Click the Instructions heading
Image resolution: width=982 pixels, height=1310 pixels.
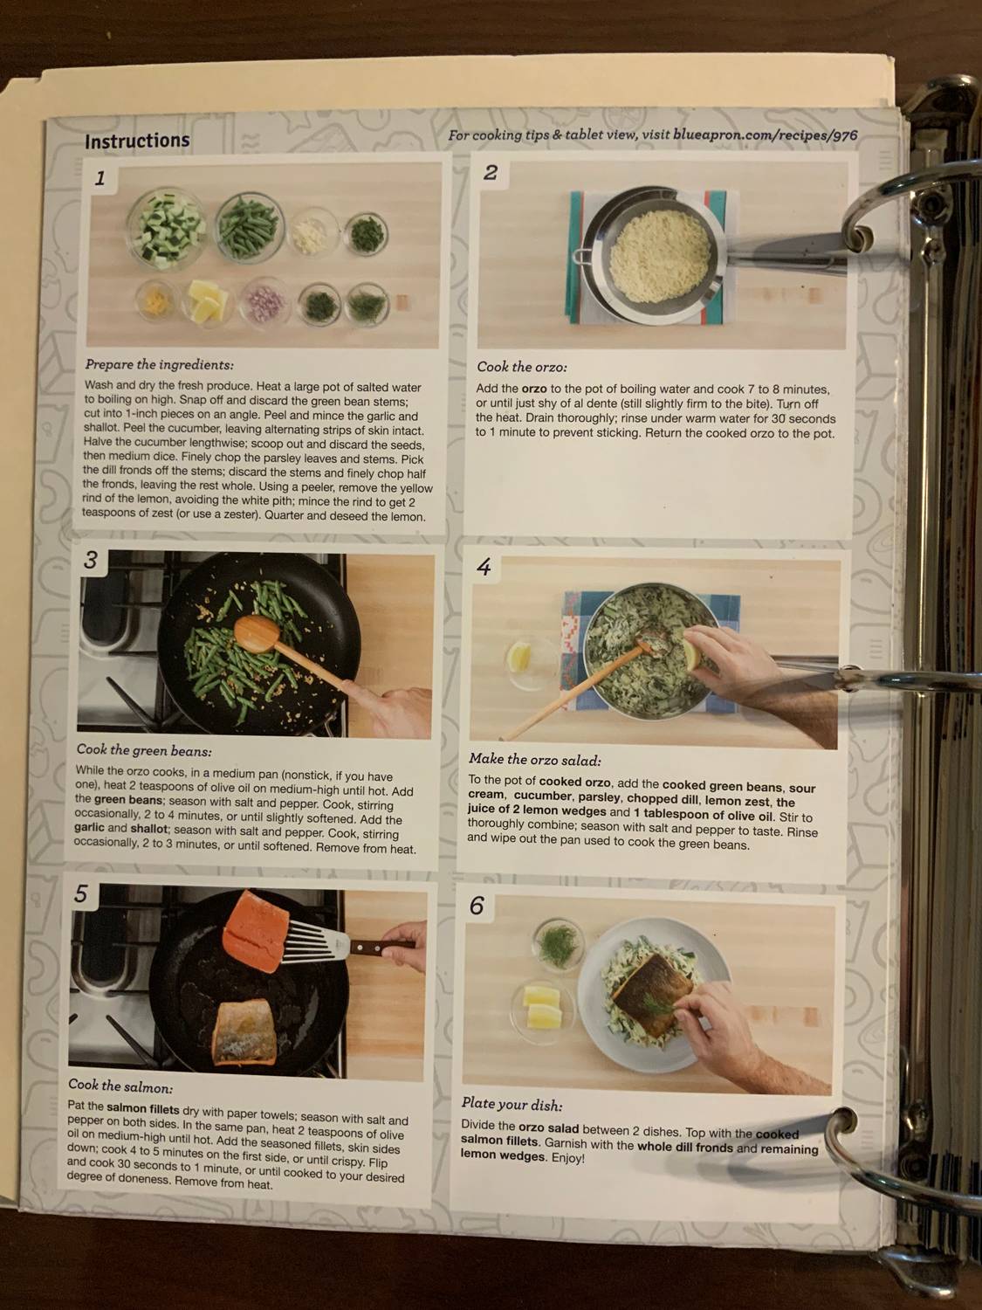[137, 141]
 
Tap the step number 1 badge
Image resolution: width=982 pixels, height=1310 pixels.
[100, 178]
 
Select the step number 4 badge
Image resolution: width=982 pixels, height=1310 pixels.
[484, 567]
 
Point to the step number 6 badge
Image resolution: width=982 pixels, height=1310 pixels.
[476, 906]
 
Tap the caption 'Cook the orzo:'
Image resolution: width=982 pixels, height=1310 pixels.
[521, 367]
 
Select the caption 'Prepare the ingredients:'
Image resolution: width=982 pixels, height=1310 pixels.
[159, 365]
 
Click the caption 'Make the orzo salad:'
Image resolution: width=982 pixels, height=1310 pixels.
[534, 759]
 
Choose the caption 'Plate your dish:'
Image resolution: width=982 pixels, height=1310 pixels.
[512, 1104]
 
